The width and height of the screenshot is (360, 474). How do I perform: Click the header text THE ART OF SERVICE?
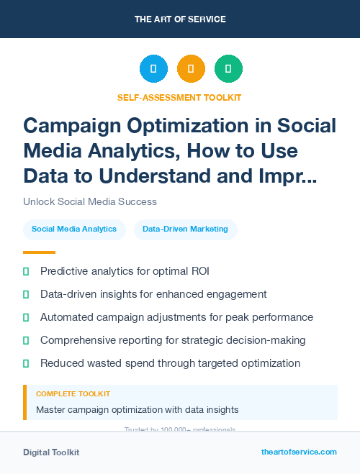pyautogui.click(x=180, y=19)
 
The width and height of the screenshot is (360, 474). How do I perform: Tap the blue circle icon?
pyautogui.click(x=153, y=69)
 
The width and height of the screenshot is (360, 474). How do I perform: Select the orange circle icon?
pyautogui.click(x=191, y=69)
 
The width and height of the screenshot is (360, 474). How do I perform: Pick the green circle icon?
pyautogui.click(x=228, y=69)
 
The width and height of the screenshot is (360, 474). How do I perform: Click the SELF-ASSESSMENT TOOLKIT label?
pyautogui.click(x=180, y=97)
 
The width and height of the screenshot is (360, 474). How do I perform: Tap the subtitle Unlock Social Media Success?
pyautogui.click(x=90, y=201)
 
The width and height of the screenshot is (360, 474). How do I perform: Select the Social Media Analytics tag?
pyautogui.click(x=74, y=229)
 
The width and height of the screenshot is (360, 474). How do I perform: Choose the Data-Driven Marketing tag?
pyautogui.click(x=185, y=229)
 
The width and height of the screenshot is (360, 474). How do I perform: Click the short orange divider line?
pyautogui.click(x=39, y=252)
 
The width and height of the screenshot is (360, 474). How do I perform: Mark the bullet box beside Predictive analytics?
pyautogui.click(x=26, y=271)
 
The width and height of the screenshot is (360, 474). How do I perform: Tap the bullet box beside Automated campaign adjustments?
pyautogui.click(x=26, y=317)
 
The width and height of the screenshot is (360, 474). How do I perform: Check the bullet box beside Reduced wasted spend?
pyautogui.click(x=26, y=363)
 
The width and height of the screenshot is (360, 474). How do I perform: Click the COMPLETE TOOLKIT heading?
pyautogui.click(x=73, y=394)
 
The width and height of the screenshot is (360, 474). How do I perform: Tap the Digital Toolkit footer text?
pyautogui.click(x=51, y=452)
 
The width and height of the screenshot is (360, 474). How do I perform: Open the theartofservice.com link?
pyautogui.click(x=299, y=452)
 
